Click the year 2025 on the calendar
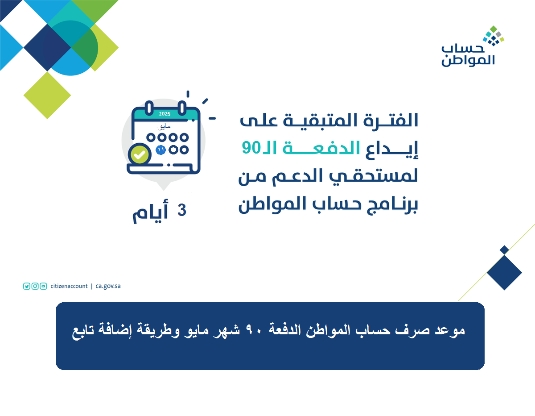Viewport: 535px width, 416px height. (165, 114)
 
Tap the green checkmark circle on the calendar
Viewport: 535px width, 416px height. (140, 154)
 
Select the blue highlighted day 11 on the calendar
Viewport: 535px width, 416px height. (161, 150)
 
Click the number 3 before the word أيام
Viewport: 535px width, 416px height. (182, 210)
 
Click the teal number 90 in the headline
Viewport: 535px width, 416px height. (251, 148)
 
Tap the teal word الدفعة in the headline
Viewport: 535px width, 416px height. (321, 148)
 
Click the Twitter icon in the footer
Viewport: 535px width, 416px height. (27, 286)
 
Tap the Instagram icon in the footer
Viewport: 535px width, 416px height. (35, 286)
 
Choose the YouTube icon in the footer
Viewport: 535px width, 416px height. (43, 286)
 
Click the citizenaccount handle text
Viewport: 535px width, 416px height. (69, 286)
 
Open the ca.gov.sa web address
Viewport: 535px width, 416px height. (108, 286)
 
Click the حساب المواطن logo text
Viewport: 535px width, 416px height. (468, 56)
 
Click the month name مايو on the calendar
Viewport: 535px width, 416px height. (165, 127)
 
